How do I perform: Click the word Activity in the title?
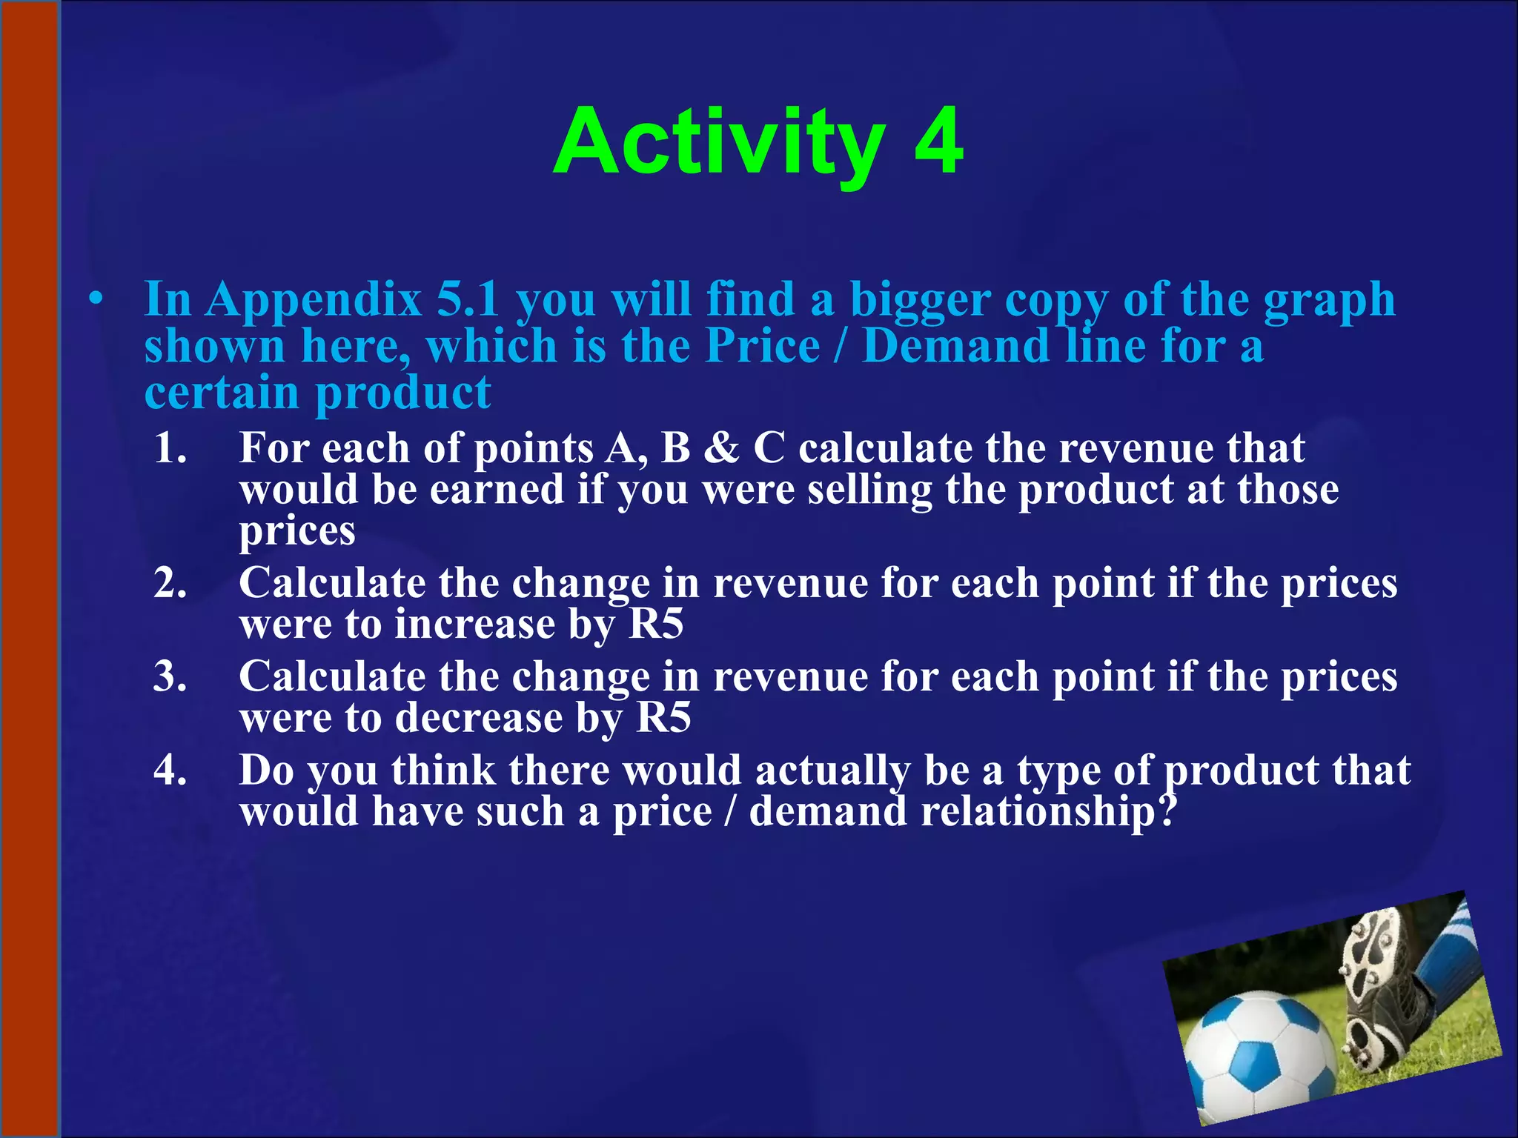[x=719, y=142]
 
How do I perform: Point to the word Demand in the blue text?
[x=955, y=346]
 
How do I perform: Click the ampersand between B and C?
[x=721, y=448]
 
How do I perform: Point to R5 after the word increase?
[x=656, y=624]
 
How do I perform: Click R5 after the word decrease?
[x=663, y=717]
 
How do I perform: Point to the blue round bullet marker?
[x=94, y=301]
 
